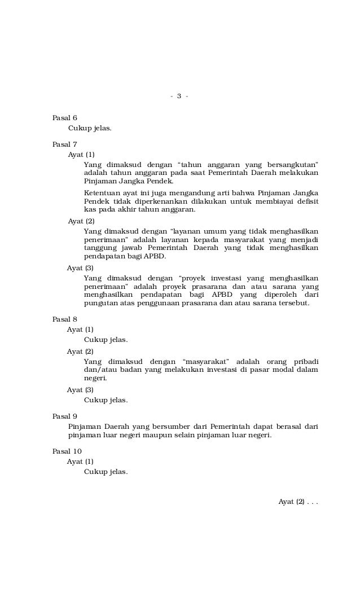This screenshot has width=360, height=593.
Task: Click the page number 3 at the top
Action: tap(179, 96)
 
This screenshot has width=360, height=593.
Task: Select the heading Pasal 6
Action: tap(65, 117)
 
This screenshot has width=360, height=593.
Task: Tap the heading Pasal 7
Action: tap(65, 144)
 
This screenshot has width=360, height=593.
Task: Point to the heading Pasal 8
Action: tap(65, 319)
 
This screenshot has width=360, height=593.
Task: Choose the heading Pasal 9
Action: tap(65, 416)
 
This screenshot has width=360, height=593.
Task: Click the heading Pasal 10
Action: tap(67, 451)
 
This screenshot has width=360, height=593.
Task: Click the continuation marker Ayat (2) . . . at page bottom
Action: tap(298, 502)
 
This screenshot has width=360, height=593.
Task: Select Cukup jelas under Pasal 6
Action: tap(90, 128)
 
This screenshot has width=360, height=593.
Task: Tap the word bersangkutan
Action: tap(291, 164)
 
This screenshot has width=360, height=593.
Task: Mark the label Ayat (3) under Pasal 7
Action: tap(80, 268)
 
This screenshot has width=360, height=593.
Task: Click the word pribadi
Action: tap(306, 361)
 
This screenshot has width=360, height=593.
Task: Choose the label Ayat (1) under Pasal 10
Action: tap(80, 462)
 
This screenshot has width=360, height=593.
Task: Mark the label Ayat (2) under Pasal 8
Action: tap(80, 351)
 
